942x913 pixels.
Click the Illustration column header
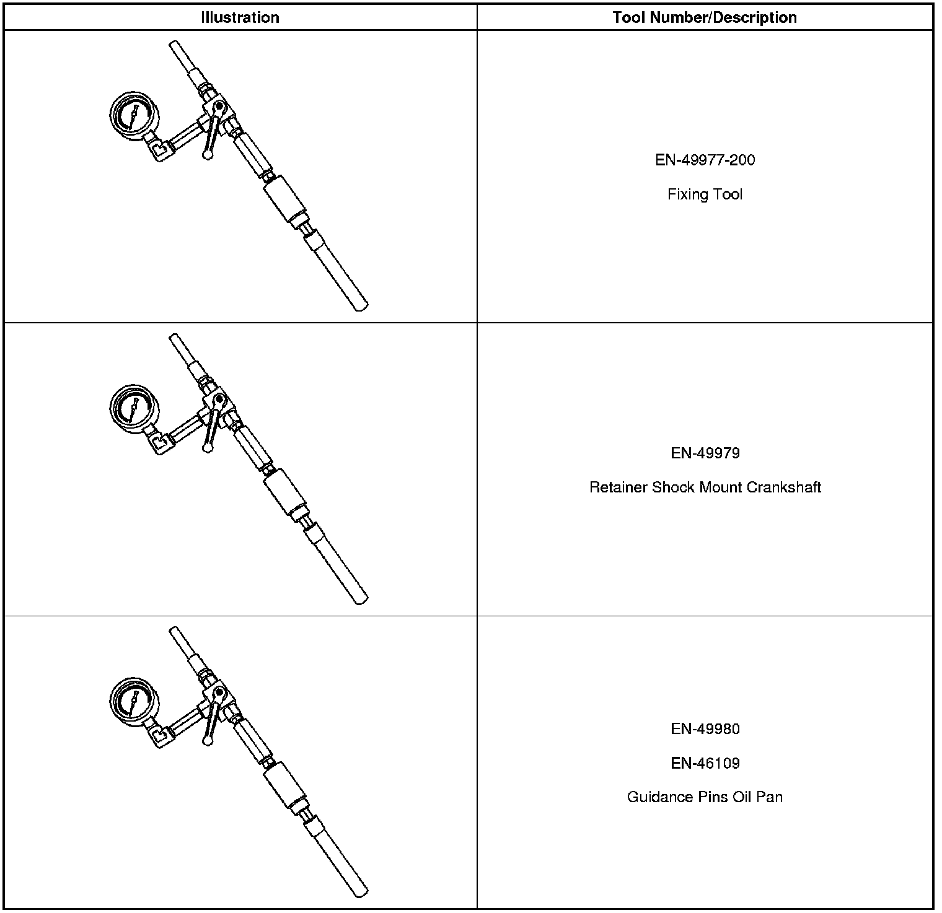tap(240, 17)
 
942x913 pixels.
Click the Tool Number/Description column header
tap(705, 17)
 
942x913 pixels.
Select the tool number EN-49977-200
tap(705, 160)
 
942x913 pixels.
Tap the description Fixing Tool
tap(705, 194)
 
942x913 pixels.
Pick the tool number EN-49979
tap(705, 453)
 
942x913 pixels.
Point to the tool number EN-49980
tap(705, 729)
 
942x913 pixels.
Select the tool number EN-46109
tap(705, 763)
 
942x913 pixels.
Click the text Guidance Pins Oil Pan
tap(705, 797)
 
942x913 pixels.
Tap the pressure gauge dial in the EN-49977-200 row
tap(131, 115)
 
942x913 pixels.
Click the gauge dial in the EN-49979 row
tap(131, 408)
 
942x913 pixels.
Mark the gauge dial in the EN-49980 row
tap(131, 701)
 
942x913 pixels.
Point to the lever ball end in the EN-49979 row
tap(208, 447)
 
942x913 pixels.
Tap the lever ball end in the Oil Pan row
tap(208, 740)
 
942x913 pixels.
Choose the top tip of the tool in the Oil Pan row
tap(174, 631)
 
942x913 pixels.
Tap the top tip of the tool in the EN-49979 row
tap(174, 338)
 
